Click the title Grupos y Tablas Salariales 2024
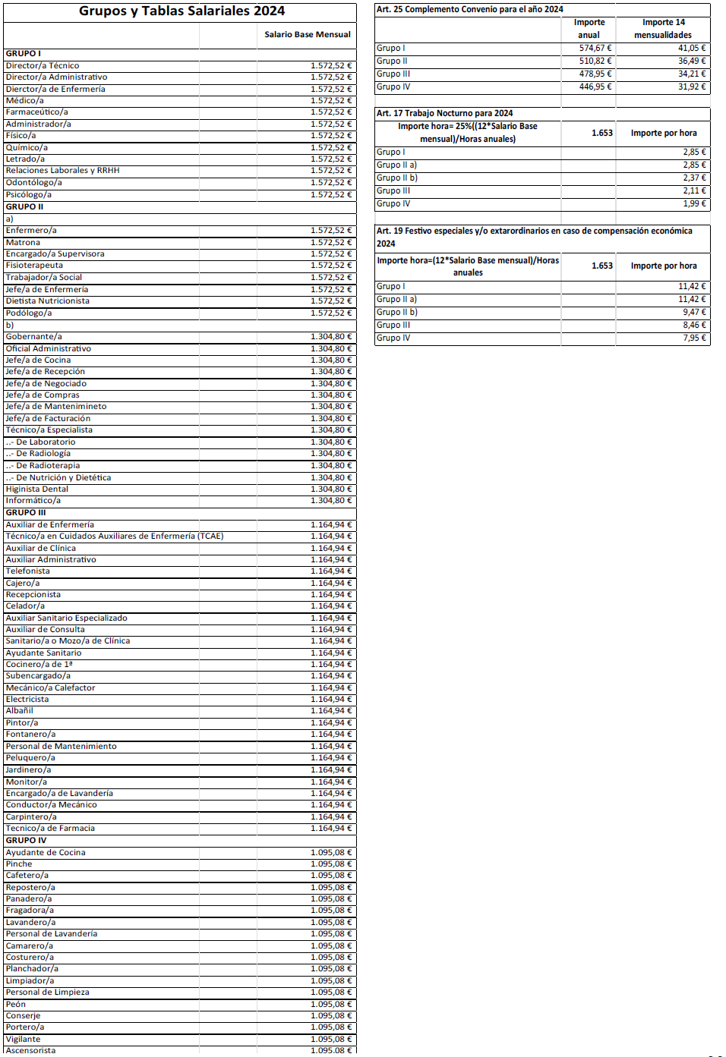tap(181, 11)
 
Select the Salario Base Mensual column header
tap(308, 34)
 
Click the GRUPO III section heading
tap(26, 512)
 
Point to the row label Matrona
tap(23, 242)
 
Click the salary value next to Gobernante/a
tap(331, 336)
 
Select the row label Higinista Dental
tap(37, 489)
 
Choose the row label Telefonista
tap(28, 571)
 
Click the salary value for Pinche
tap(331, 864)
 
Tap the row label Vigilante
tap(24, 1039)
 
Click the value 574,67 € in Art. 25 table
tap(595, 48)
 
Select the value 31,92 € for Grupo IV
tap(692, 87)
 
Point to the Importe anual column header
tap(589, 28)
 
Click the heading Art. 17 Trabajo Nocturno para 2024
tap(445, 113)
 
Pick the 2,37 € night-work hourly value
tap(694, 178)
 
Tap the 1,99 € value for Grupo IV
tap(694, 203)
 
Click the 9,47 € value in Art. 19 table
tap(694, 312)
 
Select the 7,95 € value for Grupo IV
tap(694, 338)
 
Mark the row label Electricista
tap(27, 699)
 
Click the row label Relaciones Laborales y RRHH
tap(63, 170)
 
